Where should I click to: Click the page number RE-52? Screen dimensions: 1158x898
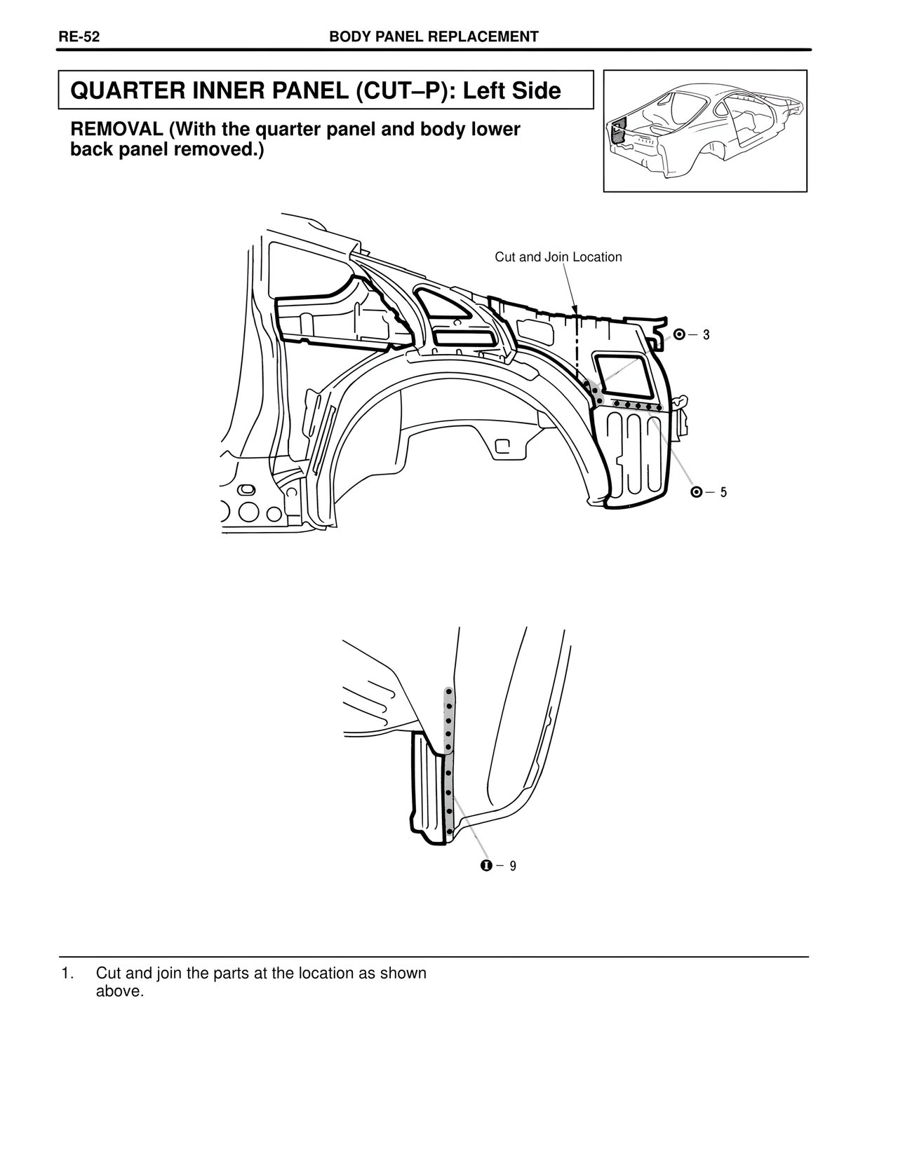pyautogui.click(x=79, y=37)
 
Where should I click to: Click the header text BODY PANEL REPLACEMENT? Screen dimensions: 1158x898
pyautogui.click(x=434, y=37)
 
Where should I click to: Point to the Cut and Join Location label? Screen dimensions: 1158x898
pyautogui.click(x=558, y=257)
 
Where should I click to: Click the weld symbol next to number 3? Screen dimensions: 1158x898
pyautogui.click(x=679, y=335)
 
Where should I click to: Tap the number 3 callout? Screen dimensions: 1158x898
pyautogui.click(x=706, y=336)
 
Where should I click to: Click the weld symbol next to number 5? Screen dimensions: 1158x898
pyautogui.click(x=696, y=492)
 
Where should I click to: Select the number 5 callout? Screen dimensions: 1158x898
pyautogui.click(x=723, y=493)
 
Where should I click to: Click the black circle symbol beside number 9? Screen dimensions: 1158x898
pyautogui.click(x=485, y=866)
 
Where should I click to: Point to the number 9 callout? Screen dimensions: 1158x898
pyautogui.click(x=513, y=866)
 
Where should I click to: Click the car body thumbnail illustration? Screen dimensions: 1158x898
pyautogui.click(x=704, y=130)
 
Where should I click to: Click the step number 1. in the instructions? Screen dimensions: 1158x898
pyautogui.click(x=67, y=974)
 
